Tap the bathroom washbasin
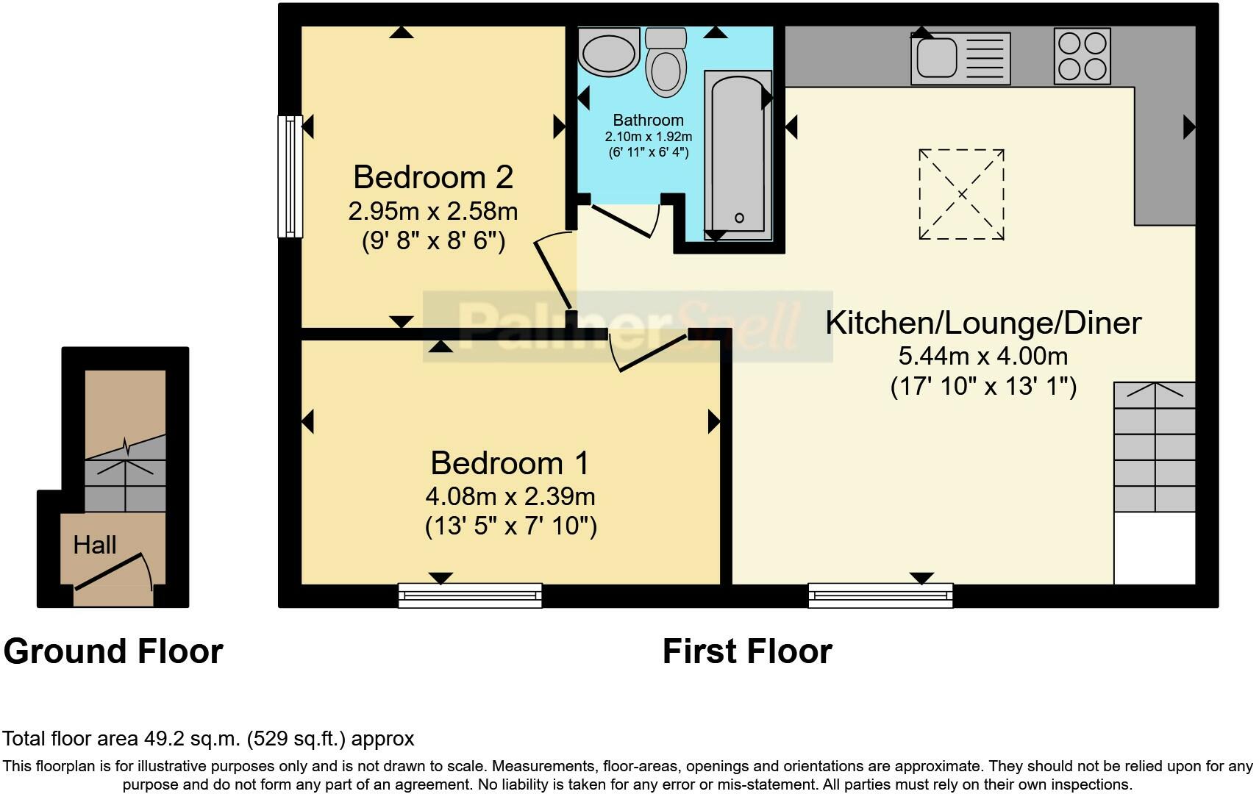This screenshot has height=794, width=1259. (609, 51)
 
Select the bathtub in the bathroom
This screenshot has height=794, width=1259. (738, 154)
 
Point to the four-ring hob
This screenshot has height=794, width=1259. (1083, 57)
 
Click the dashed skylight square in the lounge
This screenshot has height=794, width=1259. (962, 194)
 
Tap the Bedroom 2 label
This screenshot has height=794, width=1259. (433, 177)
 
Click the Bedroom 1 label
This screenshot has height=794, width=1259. (510, 463)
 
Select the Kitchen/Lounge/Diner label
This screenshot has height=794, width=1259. (984, 323)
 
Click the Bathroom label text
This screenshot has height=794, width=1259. (648, 121)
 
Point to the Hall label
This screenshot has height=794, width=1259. (95, 545)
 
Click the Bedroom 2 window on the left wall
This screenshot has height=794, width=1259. (290, 176)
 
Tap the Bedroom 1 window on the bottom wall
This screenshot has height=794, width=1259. (471, 595)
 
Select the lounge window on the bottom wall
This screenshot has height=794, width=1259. (881, 595)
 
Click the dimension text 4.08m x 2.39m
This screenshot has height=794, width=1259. (510, 497)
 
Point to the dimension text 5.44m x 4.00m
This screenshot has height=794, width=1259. (984, 357)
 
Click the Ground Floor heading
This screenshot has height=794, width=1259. (113, 652)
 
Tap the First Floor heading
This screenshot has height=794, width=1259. (747, 652)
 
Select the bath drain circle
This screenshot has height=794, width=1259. (739, 218)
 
